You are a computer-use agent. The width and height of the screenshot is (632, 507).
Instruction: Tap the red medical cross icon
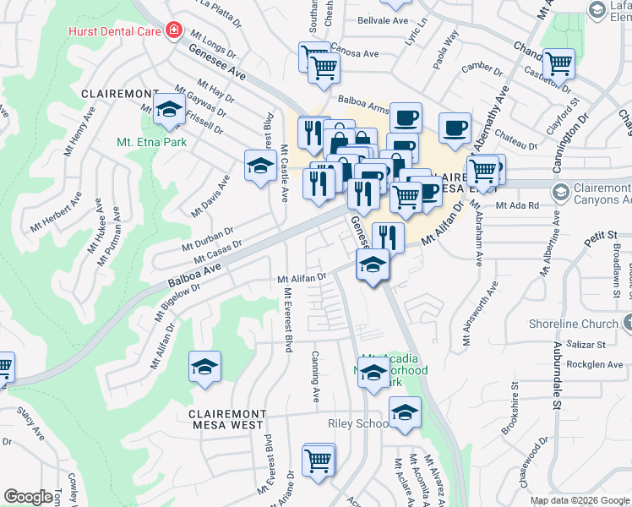pos(174,30)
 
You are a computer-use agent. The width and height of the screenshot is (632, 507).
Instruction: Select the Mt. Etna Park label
pos(152,142)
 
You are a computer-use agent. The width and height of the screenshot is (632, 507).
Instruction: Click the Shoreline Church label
pos(575,324)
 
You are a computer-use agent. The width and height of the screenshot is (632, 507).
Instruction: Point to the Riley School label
pos(357,423)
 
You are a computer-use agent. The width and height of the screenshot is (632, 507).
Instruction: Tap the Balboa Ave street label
pos(193,273)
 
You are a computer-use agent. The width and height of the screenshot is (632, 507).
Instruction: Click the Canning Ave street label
pos(317,377)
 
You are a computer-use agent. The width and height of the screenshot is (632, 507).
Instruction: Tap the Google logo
pos(28,497)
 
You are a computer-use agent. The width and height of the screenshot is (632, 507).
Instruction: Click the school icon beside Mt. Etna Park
pos(170,107)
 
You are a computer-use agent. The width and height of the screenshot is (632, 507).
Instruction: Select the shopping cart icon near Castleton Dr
pos(558,63)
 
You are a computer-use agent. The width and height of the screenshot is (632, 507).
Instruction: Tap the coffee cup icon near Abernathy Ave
pos(455,127)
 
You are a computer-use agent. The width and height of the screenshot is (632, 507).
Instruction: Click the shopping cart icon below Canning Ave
pos(319,460)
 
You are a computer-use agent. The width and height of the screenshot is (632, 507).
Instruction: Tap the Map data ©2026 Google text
pos(580,500)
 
